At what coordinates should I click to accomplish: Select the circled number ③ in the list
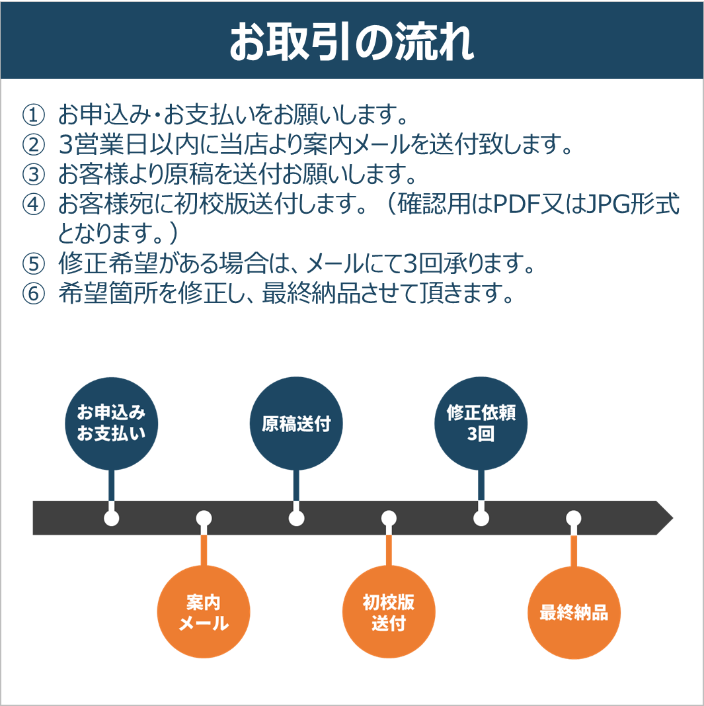[33, 175]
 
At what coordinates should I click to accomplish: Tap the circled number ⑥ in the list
[33, 294]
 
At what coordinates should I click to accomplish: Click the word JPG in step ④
[600, 205]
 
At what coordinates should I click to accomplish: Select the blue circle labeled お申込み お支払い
[111, 423]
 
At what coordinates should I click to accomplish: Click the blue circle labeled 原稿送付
[296, 423]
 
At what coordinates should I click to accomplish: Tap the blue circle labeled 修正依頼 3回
[481, 423]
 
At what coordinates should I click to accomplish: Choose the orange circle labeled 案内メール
[204, 613]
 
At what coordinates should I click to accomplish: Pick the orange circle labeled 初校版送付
[389, 613]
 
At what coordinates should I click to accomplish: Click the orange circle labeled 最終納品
[574, 613]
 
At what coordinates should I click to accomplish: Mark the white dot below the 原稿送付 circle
[296, 517]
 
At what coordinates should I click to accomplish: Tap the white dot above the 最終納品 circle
[574, 517]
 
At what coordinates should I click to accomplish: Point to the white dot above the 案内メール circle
[204, 517]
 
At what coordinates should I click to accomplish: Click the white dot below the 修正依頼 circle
[481, 517]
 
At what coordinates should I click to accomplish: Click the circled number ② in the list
[33, 146]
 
